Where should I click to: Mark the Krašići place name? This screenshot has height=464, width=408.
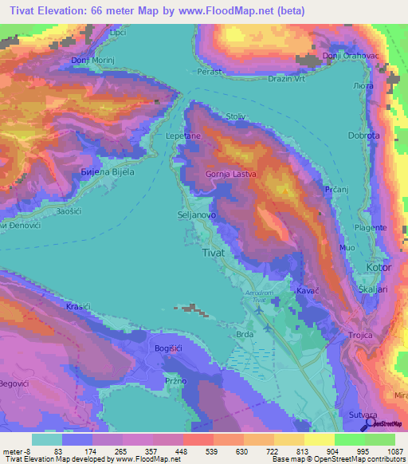[79, 307]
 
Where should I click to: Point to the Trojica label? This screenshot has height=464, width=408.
[361, 335]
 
